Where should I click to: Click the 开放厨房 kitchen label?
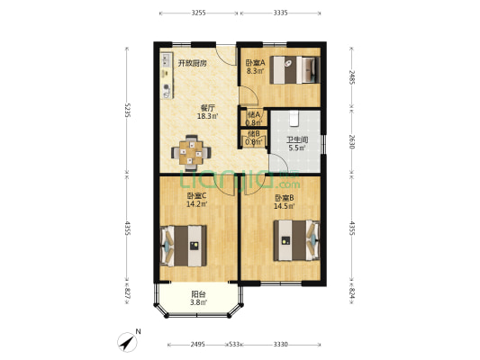tap(191, 63)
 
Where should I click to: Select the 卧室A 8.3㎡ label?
tap(255, 67)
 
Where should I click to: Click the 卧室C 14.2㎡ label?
tap(197, 200)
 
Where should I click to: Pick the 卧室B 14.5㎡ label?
tap(285, 202)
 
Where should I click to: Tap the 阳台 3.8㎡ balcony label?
tap(198, 299)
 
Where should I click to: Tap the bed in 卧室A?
tap(296, 68)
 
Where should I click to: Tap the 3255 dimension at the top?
tap(199, 13)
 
